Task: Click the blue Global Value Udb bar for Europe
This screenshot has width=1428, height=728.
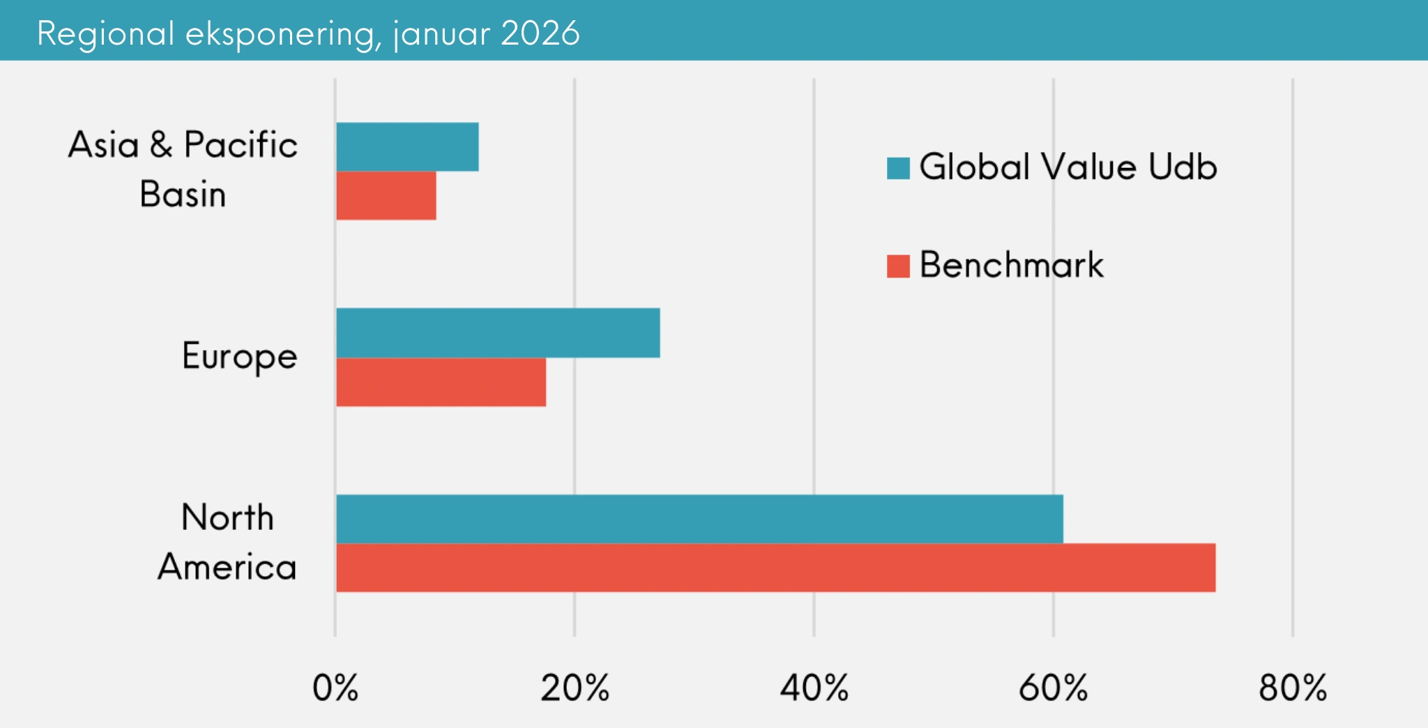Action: click(x=498, y=333)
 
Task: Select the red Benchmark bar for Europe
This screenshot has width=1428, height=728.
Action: click(x=441, y=382)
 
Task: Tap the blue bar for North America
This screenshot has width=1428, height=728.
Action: click(x=699, y=519)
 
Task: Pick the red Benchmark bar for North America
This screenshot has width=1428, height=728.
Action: click(x=775, y=568)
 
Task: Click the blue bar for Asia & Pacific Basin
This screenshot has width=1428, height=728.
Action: click(x=407, y=146)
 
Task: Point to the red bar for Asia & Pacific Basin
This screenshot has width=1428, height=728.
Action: click(x=386, y=195)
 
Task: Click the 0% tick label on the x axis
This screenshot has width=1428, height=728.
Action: click(x=335, y=688)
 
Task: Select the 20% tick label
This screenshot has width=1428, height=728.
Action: click(x=575, y=688)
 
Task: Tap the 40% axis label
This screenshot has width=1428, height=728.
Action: click(x=814, y=688)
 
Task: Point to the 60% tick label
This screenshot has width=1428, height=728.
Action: click(x=1053, y=688)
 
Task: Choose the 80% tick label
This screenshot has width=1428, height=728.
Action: click(x=1292, y=688)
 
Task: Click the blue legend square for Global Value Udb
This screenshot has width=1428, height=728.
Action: click(x=898, y=168)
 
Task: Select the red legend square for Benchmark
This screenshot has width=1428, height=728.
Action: click(x=898, y=266)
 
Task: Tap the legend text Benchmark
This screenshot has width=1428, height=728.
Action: click(x=1011, y=266)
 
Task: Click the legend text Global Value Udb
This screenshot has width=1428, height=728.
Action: click(x=1068, y=167)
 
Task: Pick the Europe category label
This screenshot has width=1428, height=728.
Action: click(x=239, y=356)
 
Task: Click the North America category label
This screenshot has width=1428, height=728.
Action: click(x=227, y=542)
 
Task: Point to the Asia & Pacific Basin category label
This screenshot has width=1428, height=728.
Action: click(x=183, y=169)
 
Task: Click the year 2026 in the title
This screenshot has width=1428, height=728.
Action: click(x=540, y=33)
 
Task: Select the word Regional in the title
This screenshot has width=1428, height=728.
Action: click(x=105, y=33)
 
